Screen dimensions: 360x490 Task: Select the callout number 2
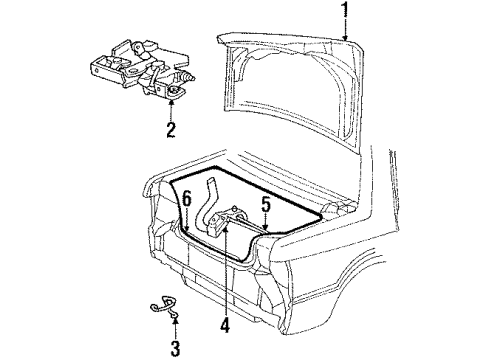(x=171, y=129)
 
